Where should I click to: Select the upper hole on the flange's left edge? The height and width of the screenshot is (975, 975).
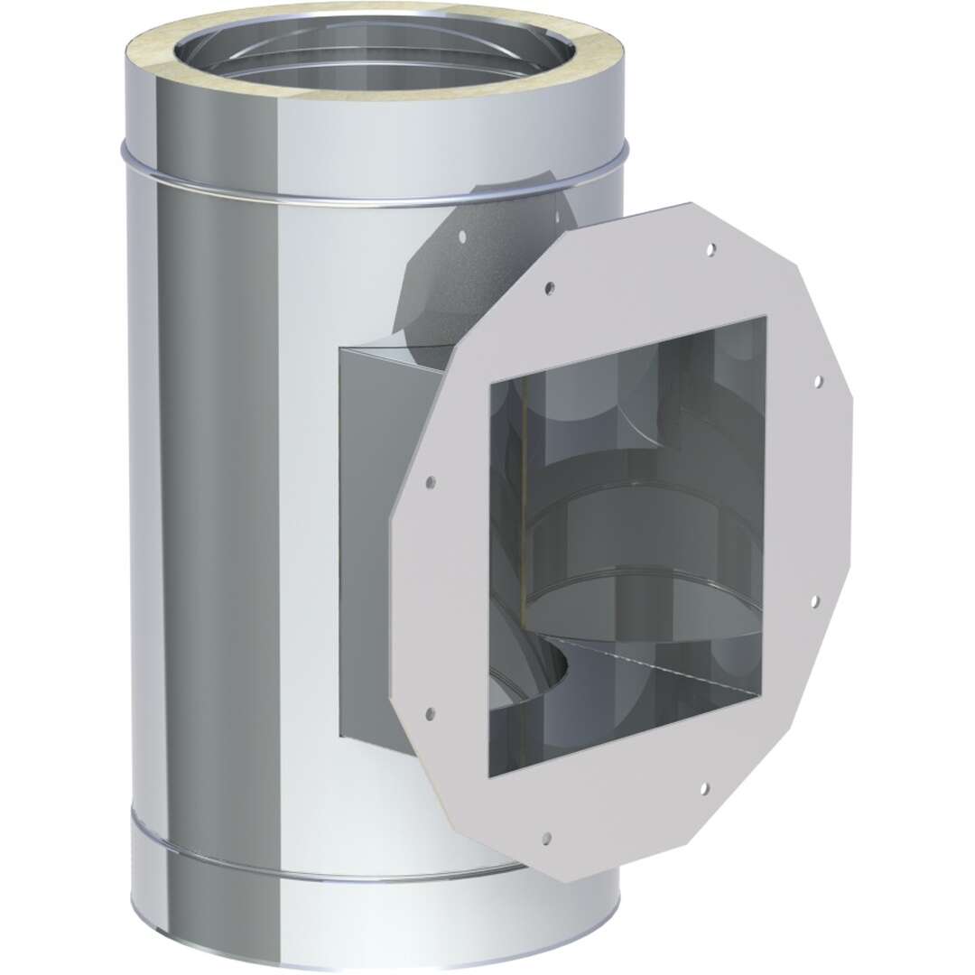431,481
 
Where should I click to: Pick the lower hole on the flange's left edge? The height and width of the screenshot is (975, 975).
429,713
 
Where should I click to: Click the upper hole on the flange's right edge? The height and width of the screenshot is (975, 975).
818,381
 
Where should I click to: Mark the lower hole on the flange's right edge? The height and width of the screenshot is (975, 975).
814,599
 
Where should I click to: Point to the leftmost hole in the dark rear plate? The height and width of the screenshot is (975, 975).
461,238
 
